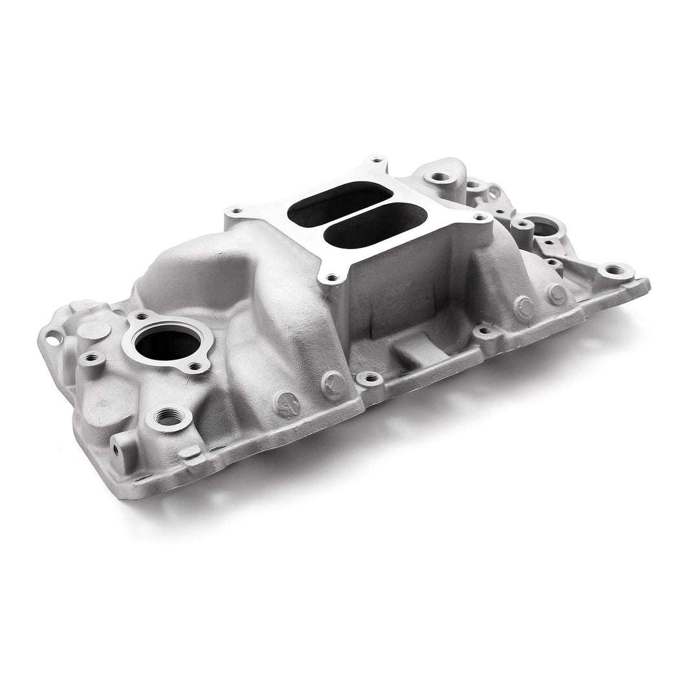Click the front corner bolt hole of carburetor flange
[x=333, y=278]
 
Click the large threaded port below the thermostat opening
[x=167, y=417]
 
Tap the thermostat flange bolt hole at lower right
[x=194, y=368]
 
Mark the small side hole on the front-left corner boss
[x=118, y=447]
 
